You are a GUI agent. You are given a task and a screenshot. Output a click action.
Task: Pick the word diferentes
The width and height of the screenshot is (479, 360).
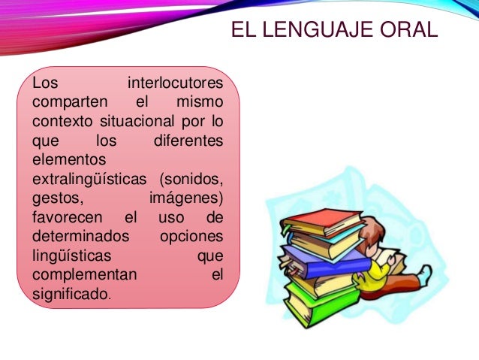pos(188,141)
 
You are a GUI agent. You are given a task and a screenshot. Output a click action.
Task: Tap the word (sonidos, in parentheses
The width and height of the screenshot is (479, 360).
pos(191,180)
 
